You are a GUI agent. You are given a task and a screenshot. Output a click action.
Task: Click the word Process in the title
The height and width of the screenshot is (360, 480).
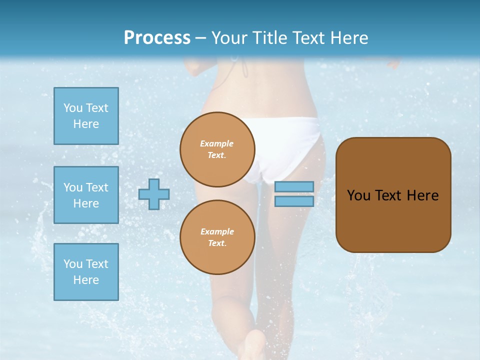[157, 38]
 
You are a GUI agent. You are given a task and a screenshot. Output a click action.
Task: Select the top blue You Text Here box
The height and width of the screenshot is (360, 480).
[86, 116]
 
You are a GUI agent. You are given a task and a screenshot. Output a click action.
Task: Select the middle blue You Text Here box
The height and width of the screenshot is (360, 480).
[86, 195]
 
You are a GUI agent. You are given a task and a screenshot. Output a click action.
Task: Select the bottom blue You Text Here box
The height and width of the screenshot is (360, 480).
[86, 271]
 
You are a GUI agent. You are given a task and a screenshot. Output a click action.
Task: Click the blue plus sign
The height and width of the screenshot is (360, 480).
[154, 194]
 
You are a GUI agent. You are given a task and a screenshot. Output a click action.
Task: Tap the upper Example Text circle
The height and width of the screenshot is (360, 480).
[217, 149]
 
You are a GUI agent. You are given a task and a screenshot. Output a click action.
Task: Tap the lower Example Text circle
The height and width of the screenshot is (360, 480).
[217, 237]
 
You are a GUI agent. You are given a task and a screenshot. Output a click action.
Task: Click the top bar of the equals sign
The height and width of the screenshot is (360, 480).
[294, 187]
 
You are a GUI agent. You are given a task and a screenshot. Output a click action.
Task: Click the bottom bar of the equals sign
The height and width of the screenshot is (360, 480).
[294, 201]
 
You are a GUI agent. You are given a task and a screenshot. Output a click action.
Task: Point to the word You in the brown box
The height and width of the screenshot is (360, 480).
[358, 195]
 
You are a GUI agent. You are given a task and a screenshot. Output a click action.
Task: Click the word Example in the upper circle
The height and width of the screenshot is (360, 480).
[217, 143]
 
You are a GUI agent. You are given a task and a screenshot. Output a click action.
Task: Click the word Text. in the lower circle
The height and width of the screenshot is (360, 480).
[217, 243]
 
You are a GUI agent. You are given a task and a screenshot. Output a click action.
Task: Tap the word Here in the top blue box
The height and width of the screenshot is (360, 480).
[86, 124]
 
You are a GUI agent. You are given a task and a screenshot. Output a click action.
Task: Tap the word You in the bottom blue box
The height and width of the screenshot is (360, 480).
[73, 264]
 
